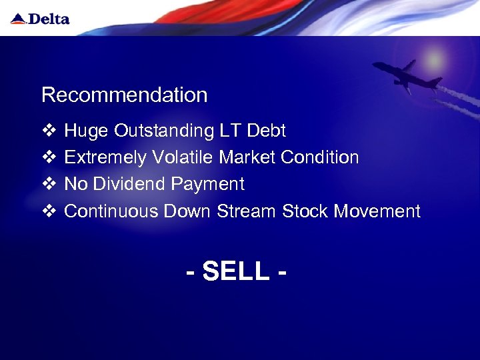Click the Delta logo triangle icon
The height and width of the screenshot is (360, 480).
click(x=18, y=19)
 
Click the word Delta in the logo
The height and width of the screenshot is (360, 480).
click(x=48, y=19)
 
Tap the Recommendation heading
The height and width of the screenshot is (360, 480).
click(x=124, y=95)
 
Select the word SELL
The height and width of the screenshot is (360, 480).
click(x=236, y=271)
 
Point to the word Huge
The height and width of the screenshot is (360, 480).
click(x=86, y=131)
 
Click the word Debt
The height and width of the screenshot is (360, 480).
click(x=266, y=131)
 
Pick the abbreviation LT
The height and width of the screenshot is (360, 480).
click(x=231, y=131)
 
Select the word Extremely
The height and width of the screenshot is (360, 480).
click(x=105, y=158)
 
